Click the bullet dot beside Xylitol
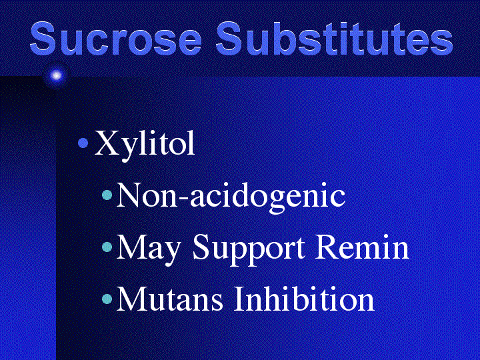(83, 143)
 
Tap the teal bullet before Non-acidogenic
(107, 195)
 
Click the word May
(148, 248)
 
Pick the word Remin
(362, 247)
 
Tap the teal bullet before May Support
(107, 247)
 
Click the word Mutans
(169, 299)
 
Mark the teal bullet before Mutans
(107, 299)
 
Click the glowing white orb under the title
(56, 75)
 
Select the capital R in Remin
(328, 247)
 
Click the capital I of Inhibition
(241, 299)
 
